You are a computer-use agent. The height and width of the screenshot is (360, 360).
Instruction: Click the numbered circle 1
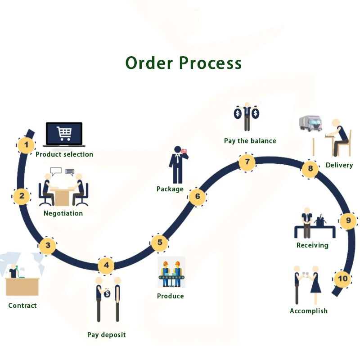click(x=27, y=145)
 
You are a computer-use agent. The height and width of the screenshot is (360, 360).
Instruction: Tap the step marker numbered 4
click(x=106, y=265)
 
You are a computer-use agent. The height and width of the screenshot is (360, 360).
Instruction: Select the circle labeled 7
click(x=247, y=162)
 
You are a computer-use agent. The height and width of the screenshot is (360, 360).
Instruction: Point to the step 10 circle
click(x=343, y=279)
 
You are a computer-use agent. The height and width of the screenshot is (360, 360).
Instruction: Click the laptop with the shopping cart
click(x=64, y=134)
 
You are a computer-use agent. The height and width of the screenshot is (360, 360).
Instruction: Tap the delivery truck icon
click(x=311, y=124)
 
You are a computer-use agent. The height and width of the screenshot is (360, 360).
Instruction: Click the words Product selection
click(x=64, y=154)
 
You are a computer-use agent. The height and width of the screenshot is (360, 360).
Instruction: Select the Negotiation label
click(x=63, y=213)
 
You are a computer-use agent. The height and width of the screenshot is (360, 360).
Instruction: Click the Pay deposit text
click(x=107, y=335)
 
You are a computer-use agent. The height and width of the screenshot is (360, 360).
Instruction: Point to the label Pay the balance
click(x=250, y=141)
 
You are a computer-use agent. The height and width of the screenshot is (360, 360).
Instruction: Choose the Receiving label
click(x=312, y=245)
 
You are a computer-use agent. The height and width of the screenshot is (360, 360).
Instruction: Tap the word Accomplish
click(x=309, y=311)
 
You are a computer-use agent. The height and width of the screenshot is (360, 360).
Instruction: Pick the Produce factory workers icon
click(x=171, y=273)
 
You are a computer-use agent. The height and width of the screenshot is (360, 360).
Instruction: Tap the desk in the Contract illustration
click(x=22, y=286)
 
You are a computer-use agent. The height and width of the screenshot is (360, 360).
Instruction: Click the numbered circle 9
click(x=348, y=220)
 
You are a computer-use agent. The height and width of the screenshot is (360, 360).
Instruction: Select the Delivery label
click(x=339, y=165)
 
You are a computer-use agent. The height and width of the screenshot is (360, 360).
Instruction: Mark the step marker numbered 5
click(x=160, y=243)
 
